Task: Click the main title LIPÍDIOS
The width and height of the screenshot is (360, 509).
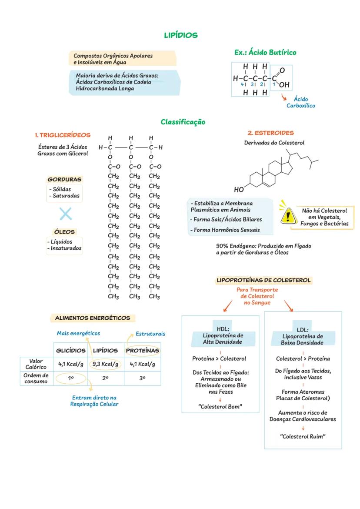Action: (180, 35)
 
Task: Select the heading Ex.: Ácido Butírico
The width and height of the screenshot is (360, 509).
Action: (265, 53)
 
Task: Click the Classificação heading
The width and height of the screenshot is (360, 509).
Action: (183, 122)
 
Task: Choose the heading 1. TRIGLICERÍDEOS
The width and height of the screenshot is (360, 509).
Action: (63, 134)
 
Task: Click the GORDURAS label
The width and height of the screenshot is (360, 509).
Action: (64, 179)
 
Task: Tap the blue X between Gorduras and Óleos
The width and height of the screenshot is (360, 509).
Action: (66, 214)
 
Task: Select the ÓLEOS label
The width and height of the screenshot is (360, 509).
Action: (64, 232)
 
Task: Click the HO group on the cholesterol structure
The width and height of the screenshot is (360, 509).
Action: (239, 190)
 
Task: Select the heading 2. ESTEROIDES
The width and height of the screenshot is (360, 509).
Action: (270, 133)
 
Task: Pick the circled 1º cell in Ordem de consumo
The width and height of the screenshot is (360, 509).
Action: (71, 378)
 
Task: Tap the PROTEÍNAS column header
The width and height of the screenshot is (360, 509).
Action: (142, 351)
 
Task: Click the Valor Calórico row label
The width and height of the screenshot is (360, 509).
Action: (36, 364)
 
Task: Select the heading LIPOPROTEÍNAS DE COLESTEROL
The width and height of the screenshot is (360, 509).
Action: (264, 280)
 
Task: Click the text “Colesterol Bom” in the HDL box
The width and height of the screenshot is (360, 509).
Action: (220, 407)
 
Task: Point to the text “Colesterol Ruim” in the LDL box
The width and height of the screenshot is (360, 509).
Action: (303, 436)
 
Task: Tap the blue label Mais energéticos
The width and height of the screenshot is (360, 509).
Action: (78, 333)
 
